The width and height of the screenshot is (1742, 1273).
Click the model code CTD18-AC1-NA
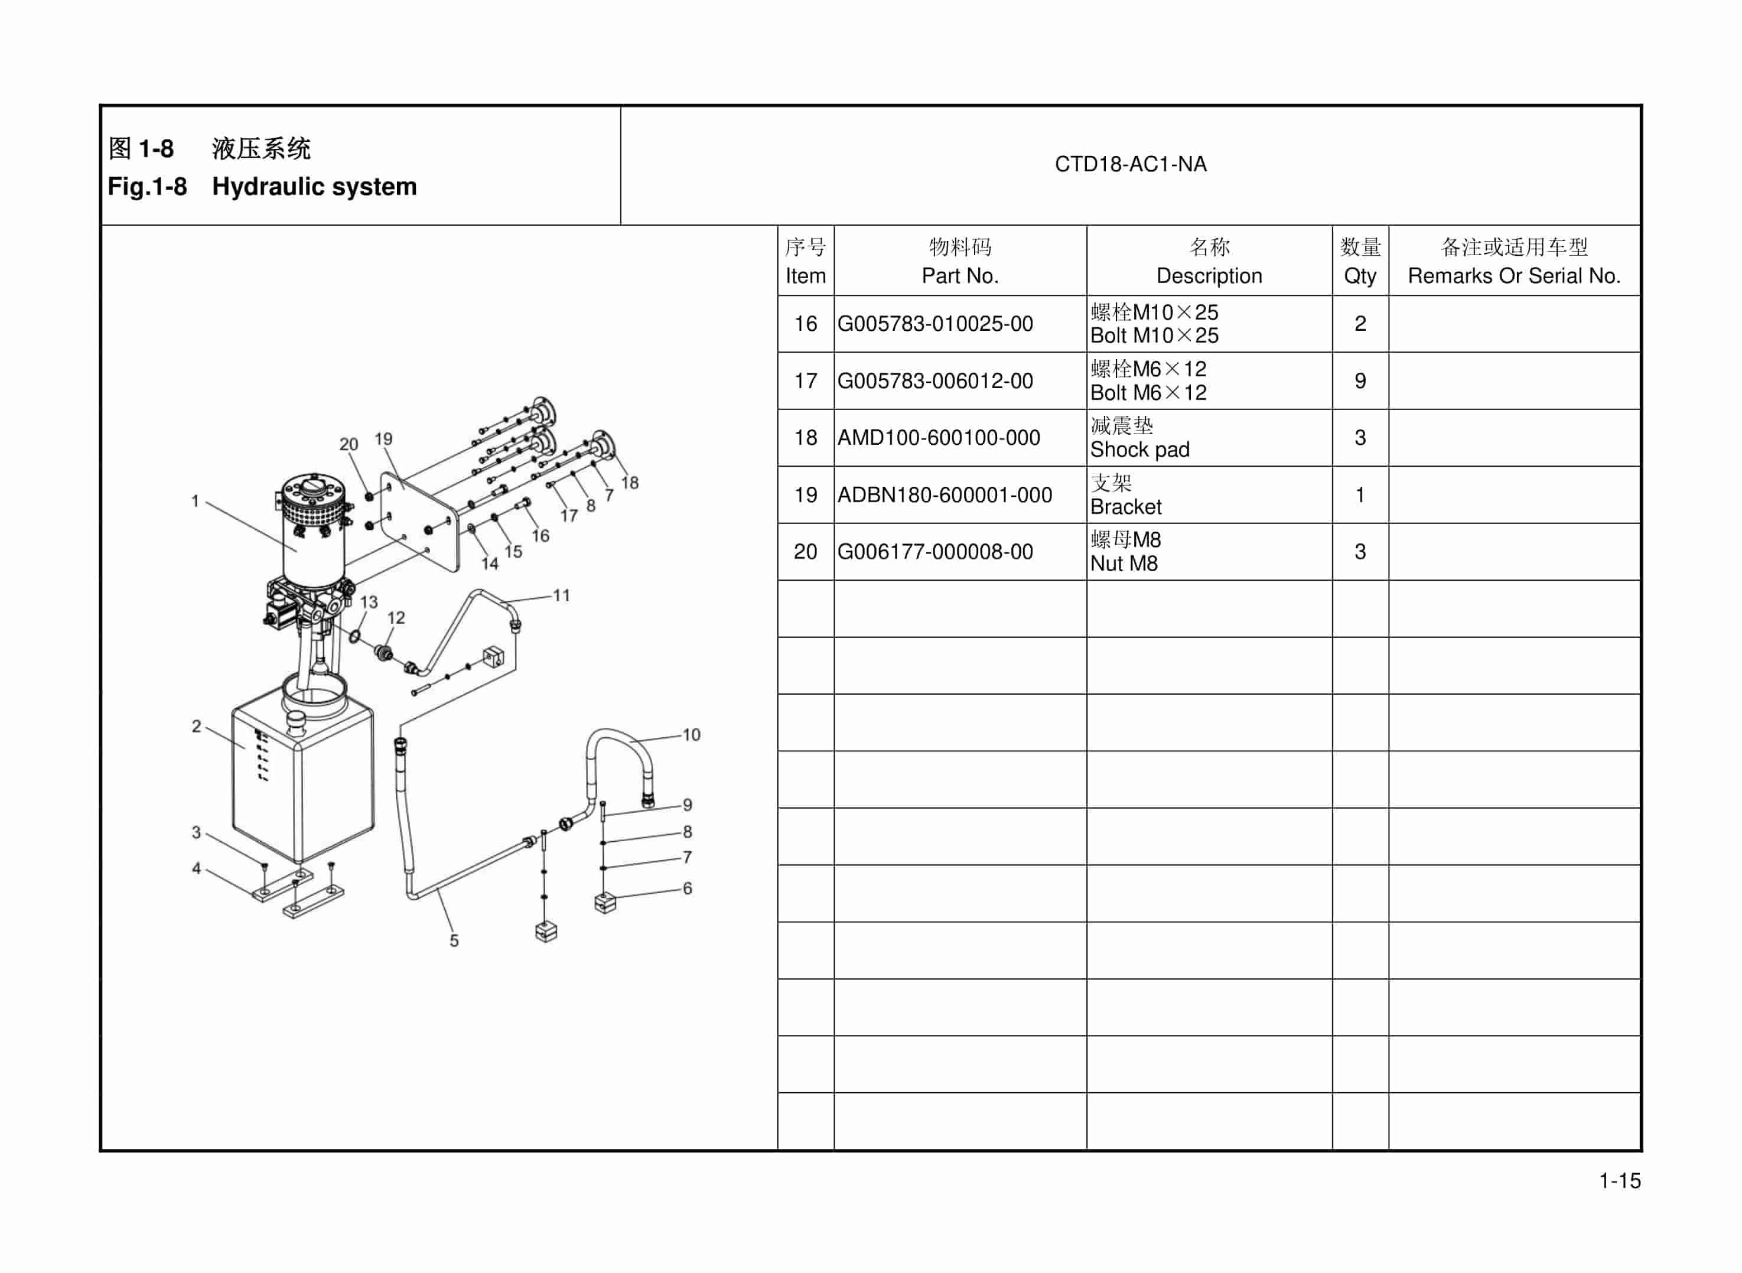pos(1129,164)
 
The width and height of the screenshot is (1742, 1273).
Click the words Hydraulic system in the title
pos(314,187)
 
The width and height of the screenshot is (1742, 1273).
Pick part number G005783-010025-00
pos(935,324)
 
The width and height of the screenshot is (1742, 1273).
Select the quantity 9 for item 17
pos(1359,380)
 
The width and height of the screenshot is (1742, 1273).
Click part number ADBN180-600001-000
pos(944,494)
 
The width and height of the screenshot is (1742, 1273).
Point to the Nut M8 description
pos(1124,564)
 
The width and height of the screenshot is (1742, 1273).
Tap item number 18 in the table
pos(805,438)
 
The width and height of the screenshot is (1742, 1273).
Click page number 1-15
pos(1620,1180)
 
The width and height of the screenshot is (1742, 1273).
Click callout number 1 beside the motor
pos(195,501)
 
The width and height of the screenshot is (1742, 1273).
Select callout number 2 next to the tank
pos(197,726)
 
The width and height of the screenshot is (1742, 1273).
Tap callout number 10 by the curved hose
pos(691,734)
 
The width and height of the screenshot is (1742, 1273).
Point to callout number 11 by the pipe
pos(561,595)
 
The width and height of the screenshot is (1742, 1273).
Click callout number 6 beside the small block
pos(687,888)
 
